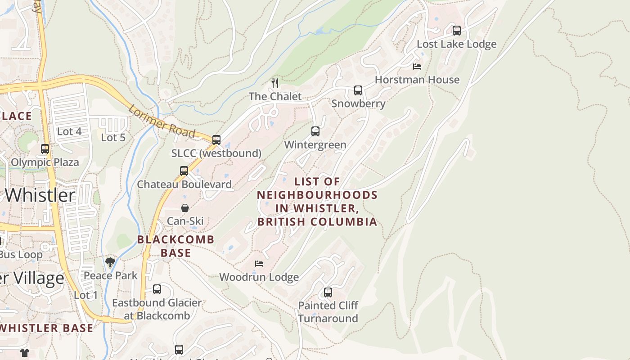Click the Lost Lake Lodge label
tap(456, 44)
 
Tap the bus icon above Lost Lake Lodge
tap(457, 31)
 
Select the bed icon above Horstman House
tap(417, 67)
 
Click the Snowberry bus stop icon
tap(358, 90)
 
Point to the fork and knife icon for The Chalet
tap(275, 83)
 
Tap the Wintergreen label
tap(315, 145)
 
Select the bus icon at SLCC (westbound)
tap(216, 140)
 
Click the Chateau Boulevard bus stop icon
tap(184, 171)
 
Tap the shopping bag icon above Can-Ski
tap(185, 208)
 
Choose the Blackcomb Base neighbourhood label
tap(175, 246)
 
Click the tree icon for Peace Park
tap(110, 262)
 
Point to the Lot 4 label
tap(69, 131)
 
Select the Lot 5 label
tap(113, 137)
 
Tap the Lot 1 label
tap(85, 295)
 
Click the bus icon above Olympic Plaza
tap(45, 149)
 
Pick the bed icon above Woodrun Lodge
tap(259, 264)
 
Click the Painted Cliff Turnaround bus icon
tap(328, 292)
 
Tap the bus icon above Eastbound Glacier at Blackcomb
tap(157, 289)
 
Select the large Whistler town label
tap(40, 195)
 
